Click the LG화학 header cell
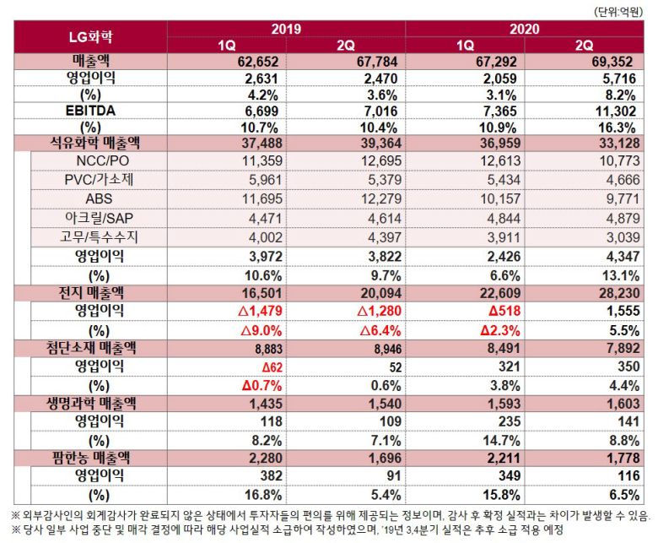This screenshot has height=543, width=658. pos(90,37)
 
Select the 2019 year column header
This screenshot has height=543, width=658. pos(286,29)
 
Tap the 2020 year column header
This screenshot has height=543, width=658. pos(524,29)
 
